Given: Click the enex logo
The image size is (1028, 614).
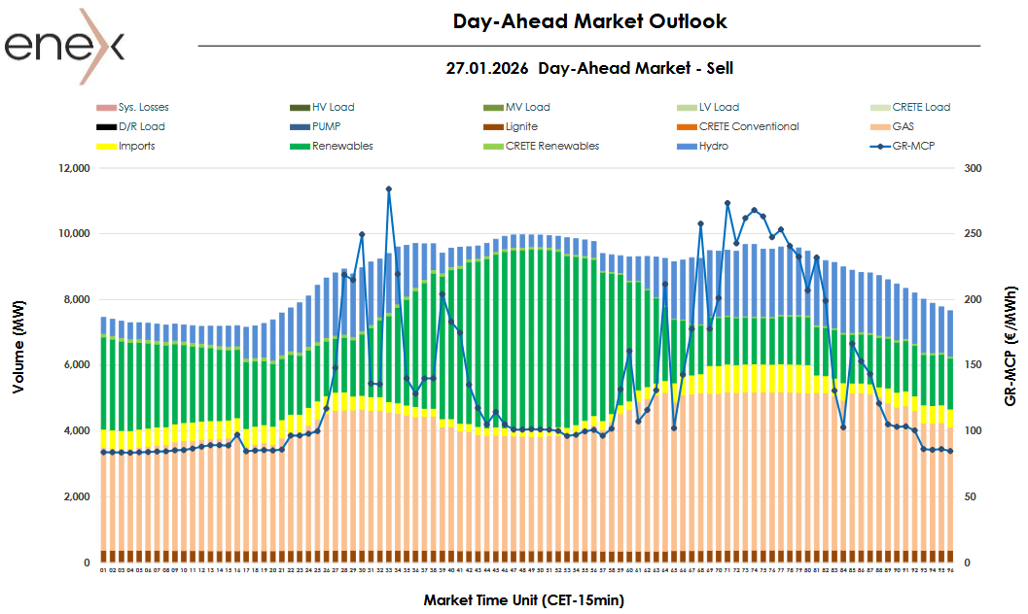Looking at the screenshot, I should click(64, 46).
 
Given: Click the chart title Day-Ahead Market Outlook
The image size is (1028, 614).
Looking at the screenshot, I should click(589, 21).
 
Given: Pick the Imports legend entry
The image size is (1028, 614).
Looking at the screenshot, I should click(136, 146).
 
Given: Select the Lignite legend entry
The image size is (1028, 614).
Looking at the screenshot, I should click(521, 126).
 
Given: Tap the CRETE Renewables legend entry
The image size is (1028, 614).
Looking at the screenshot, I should click(551, 146).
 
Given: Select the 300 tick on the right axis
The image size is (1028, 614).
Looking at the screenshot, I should click(974, 168).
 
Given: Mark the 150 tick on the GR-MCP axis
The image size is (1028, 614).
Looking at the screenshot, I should click(974, 365).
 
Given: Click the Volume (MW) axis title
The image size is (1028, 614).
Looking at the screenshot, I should click(18, 364).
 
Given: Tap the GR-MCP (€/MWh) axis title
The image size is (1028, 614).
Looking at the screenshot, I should click(1011, 346).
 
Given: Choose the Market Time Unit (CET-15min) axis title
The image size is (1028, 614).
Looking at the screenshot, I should click(523, 599).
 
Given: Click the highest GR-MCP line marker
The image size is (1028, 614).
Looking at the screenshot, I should click(388, 189).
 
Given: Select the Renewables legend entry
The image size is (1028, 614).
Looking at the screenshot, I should click(342, 146).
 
